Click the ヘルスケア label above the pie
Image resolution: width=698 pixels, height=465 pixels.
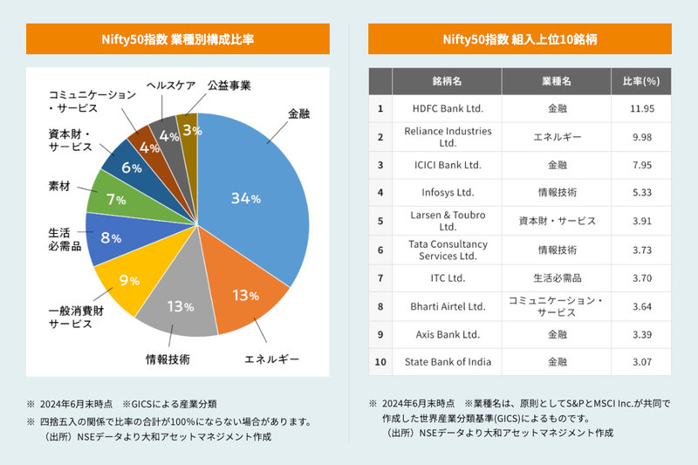[170, 85]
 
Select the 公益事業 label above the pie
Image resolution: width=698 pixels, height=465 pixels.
[229, 85]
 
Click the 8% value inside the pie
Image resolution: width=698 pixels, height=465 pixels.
[110, 238]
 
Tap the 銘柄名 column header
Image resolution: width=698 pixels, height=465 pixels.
[447, 81]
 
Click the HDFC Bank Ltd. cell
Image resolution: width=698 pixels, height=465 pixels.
[447, 109]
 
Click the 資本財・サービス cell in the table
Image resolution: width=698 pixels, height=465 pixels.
[557, 221]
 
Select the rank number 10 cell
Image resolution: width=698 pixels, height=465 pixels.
[380, 361]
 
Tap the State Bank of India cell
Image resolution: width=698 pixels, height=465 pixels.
[447, 361]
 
